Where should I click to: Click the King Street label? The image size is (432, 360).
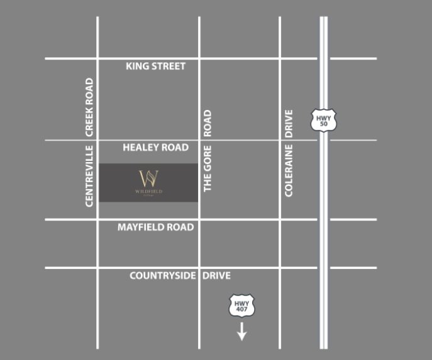coord(155,66)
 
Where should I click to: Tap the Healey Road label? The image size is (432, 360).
coord(155,148)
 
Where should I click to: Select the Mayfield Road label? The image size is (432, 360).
coord(155,227)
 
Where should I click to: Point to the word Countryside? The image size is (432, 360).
coord(163,276)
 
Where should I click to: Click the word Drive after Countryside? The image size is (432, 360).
coord(216,276)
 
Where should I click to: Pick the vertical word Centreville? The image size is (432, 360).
coord(89,175)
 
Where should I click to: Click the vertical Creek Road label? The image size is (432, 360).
coord(89,107)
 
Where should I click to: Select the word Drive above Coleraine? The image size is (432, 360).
coord(289,124)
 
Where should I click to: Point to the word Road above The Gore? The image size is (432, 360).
coord(208,124)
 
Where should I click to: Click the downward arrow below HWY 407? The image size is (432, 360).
coord(241,332)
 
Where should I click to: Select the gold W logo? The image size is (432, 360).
coord(148,177)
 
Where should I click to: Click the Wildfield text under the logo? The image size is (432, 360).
coord(148,191)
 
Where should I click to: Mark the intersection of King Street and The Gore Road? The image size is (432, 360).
coord(199,59)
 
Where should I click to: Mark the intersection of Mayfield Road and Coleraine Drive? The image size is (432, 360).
coord(280,220)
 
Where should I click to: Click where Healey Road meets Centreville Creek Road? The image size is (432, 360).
coord(97,140)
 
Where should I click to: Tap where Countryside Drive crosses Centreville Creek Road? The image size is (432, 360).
coord(97,268)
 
